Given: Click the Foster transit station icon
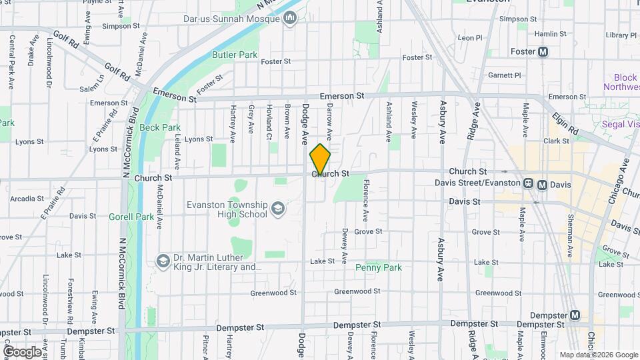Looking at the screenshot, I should pos(543,51).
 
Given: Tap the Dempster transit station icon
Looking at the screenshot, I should pos(575,315).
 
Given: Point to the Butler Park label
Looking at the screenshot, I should pos(225,54).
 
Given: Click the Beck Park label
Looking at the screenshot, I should pos(161,127).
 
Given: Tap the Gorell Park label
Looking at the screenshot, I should pos(131,216).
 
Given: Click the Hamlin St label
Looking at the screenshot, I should pos(550,33).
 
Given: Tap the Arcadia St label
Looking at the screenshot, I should pos(27,198).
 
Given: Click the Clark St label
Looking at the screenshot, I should pos(555,141).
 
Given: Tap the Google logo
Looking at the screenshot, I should pos(21,351).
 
